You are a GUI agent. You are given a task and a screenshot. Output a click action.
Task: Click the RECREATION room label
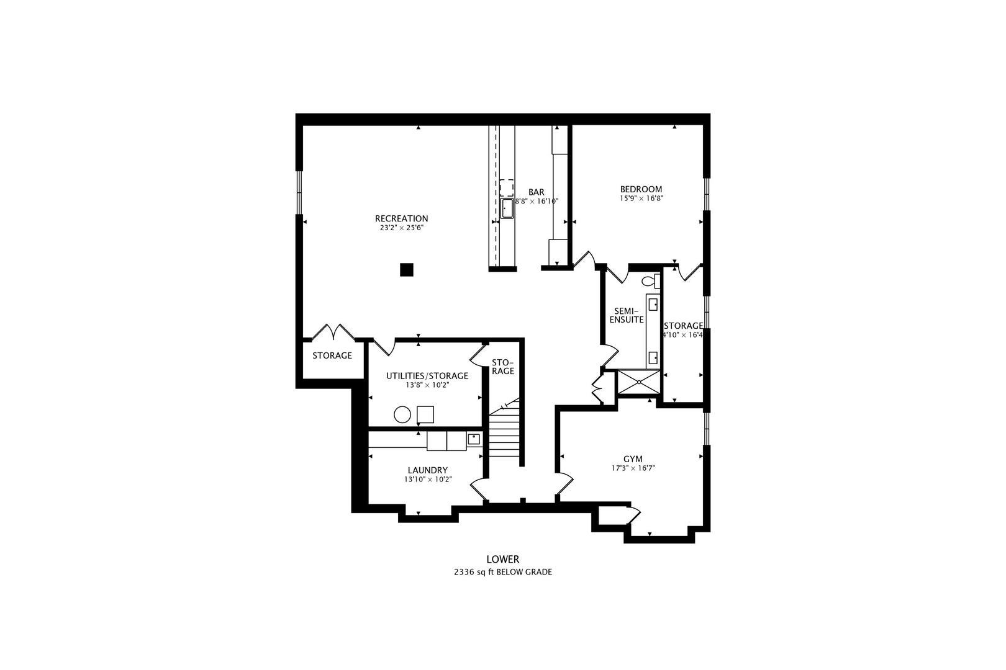tap(401, 218)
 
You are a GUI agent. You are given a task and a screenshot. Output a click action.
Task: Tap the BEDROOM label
tap(641, 189)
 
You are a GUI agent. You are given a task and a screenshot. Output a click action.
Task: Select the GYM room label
tap(633, 459)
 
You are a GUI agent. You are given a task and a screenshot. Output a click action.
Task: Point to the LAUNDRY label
tap(427, 470)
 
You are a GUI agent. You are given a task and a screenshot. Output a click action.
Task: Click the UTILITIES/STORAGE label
tap(427, 376)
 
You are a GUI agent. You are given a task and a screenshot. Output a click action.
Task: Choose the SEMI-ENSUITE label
tap(628, 315)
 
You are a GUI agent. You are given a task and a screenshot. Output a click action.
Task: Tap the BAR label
tap(537, 192)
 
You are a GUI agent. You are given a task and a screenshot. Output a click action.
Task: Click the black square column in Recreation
tap(407, 270)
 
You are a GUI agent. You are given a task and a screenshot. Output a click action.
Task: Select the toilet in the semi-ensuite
tap(651, 280)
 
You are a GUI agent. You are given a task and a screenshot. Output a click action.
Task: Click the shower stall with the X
tap(639, 382)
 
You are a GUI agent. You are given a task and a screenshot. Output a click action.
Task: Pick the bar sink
tap(507, 208)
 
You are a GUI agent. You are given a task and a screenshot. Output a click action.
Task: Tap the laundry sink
tap(474, 439)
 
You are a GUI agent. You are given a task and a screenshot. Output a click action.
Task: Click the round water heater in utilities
tap(402, 414)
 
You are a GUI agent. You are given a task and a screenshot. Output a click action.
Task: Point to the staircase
tap(505, 434)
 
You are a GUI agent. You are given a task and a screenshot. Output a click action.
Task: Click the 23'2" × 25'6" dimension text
tap(401, 228)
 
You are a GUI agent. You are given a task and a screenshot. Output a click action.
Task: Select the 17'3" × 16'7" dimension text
tap(633, 468)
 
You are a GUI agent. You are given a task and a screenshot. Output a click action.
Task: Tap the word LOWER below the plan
tap(502, 559)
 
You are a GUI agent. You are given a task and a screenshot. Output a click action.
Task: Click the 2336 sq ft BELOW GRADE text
tap(502, 572)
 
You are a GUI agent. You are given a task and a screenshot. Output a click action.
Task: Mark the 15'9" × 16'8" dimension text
tap(641, 199)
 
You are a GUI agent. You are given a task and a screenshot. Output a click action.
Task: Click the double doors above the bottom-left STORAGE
tap(333, 332)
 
